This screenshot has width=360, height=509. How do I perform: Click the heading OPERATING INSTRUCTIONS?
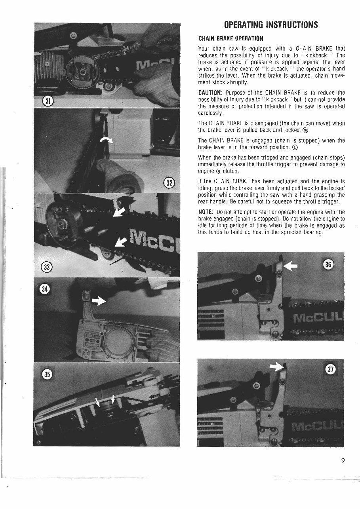pos(270,25)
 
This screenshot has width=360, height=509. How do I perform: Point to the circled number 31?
pos(48,100)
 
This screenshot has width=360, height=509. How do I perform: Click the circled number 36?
pos(330,264)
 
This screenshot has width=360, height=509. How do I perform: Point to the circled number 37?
pos(330,370)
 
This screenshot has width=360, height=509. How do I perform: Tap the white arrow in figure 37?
pos(276,367)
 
